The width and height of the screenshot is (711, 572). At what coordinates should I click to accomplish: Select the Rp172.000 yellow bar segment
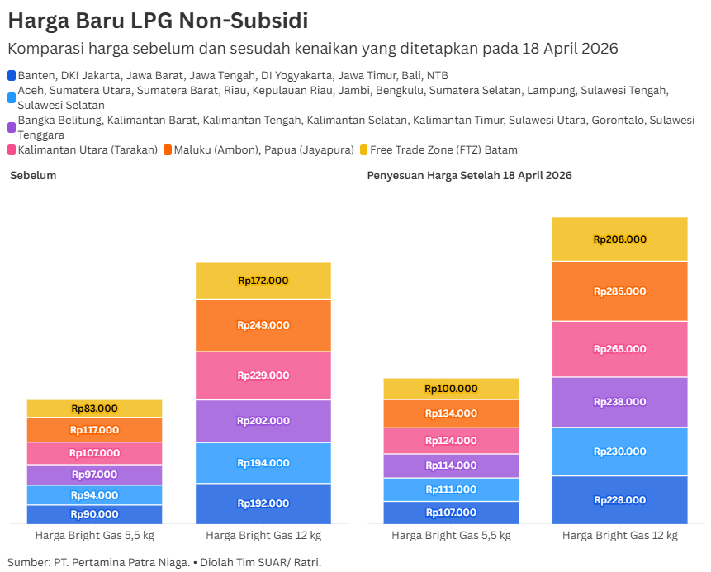[x=263, y=281]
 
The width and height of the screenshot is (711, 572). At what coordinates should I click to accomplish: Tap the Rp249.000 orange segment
[x=263, y=325]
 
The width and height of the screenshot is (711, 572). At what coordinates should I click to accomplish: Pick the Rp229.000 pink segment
[x=263, y=376]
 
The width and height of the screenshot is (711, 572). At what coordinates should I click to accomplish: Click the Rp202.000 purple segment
[x=263, y=421]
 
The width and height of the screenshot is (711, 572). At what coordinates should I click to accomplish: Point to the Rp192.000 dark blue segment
[x=263, y=503]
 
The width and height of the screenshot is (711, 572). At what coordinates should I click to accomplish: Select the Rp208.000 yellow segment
[x=619, y=239]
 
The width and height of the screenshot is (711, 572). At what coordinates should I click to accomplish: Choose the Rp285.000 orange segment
[x=619, y=291]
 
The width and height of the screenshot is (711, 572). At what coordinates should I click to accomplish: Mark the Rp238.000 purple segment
[x=619, y=402]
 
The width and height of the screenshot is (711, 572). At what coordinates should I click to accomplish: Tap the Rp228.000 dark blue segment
[x=619, y=500]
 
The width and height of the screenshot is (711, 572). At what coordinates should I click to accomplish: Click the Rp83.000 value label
[x=94, y=409]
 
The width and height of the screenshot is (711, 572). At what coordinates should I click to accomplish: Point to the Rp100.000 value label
[x=451, y=389]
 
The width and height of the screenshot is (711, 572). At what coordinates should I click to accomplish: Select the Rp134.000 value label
[x=451, y=414]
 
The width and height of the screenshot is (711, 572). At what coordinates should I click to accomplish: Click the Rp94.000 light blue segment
[x=94, y=495]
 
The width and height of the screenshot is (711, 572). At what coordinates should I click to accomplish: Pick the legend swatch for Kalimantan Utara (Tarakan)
[x=12, y=150]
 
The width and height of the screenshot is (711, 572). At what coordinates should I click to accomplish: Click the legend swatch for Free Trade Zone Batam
[x=364, y=150]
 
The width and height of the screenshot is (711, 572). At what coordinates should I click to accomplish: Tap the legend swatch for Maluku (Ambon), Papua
[x=168, y=150]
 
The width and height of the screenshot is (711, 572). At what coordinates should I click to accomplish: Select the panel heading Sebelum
[x=33, y=176]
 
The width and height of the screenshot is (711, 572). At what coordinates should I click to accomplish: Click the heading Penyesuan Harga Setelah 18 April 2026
[x=469, y=176]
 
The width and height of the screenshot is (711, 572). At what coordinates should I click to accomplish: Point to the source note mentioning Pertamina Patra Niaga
[x=164, y=562]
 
